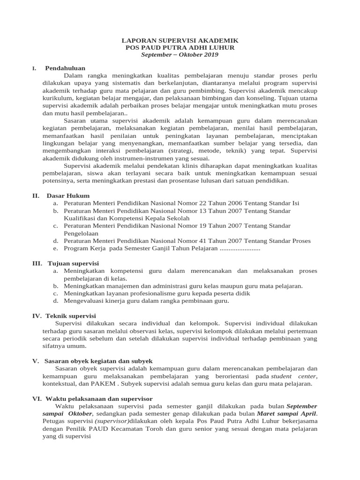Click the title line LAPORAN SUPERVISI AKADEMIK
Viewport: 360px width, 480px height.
tap(180, 41)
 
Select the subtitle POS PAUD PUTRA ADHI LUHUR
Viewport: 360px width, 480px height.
tap(180, 48)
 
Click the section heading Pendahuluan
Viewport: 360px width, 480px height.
tap(65, 68)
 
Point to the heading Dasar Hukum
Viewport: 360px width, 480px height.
tap(68, 195)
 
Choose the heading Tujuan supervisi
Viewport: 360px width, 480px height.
tap(73, 263)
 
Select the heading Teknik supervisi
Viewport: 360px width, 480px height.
tap(71, 315)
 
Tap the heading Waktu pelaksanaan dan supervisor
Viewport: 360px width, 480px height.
tap(98, 398)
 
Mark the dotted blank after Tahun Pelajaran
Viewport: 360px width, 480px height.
tap(240, 248)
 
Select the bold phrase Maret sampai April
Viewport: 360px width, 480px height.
tap(287, 414)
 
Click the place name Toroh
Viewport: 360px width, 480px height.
tap(164, 429)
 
